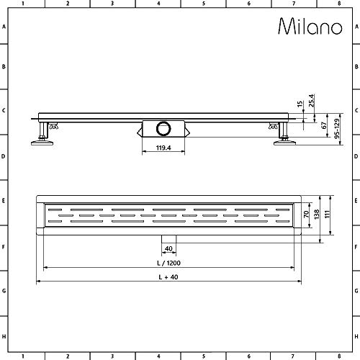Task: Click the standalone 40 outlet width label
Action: click(x=168, y=248)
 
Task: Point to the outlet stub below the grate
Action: click(x=168, y=238)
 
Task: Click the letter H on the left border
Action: click(x=5, y=336)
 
